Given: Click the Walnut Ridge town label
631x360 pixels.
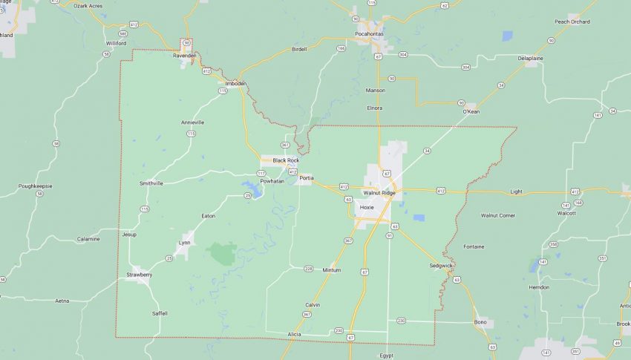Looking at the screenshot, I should pos(379,193).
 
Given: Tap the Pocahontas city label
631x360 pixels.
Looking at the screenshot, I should pos(370,33).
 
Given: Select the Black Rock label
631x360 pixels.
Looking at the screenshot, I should pos(285,160).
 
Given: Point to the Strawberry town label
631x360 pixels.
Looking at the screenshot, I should pos(139,275).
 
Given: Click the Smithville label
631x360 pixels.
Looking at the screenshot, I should pos(151,183).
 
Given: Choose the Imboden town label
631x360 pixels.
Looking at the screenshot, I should pos(236,83).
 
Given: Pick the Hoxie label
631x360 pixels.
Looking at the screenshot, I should pos(367,208).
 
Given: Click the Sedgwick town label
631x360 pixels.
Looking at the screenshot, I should pos(441,265).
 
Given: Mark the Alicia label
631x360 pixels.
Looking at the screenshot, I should pos(295,335).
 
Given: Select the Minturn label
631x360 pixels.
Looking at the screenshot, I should pos(331,270).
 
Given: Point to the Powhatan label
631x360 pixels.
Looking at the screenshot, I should pos(272,181).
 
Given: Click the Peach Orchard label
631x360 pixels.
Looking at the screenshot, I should pos(572,22).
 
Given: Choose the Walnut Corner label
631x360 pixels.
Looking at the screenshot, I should pos(497,215).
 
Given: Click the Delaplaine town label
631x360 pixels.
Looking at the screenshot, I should pos(530,58).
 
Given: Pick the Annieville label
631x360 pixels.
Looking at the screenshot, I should pos(192,122).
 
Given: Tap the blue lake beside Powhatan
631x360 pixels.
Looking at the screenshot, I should pos(251,189).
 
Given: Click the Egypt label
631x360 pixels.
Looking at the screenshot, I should pos(387,356).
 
